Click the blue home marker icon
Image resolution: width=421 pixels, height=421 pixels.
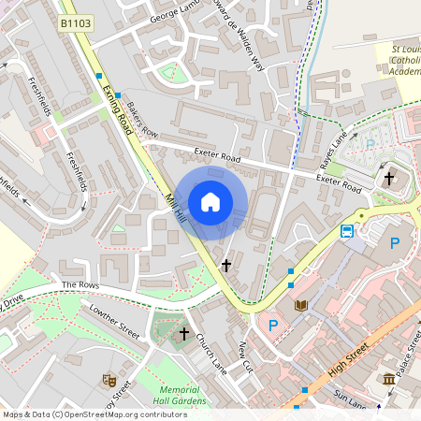coord(210,201)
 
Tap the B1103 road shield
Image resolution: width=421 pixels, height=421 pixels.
coord(75,22)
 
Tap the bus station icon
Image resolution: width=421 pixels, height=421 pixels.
coord(347,231)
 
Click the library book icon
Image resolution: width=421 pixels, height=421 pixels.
coord(301,306)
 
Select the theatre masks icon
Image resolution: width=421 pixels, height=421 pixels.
coord(109,381)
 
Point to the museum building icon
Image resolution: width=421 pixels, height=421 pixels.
coord(388,379)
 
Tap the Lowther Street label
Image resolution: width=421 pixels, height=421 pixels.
coord(114,323)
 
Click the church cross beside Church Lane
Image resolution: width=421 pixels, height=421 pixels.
coord(184,332)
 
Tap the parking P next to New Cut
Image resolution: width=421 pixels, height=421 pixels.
coord(273,326)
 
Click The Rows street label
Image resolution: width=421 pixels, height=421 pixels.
coord(80,284)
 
